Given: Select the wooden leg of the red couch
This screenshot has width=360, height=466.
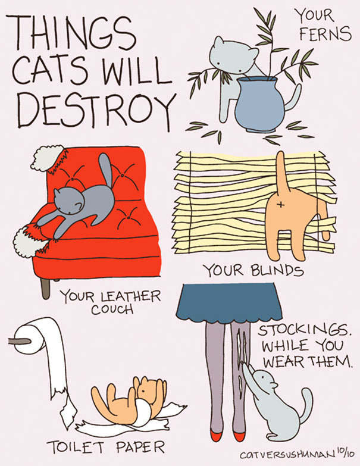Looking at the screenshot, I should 45,288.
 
